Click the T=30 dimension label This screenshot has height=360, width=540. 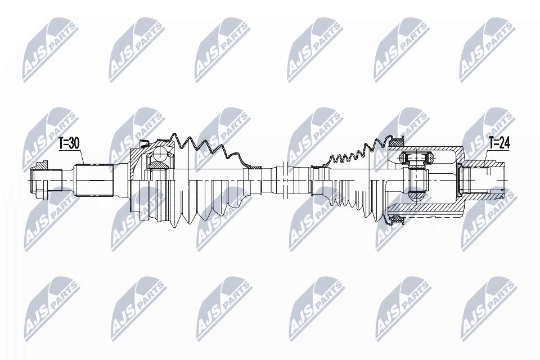(69, 144)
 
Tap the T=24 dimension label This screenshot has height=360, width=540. (499, 143)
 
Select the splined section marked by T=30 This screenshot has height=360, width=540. (94, 181)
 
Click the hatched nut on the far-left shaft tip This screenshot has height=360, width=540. (38, 165)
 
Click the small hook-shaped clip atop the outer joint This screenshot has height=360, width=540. (143, 143)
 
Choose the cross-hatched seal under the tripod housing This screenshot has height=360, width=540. (397, 219)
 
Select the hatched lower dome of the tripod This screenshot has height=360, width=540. (417, 196)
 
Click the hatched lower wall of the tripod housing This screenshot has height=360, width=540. (426, 208)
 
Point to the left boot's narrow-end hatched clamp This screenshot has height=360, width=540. (255, 166)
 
